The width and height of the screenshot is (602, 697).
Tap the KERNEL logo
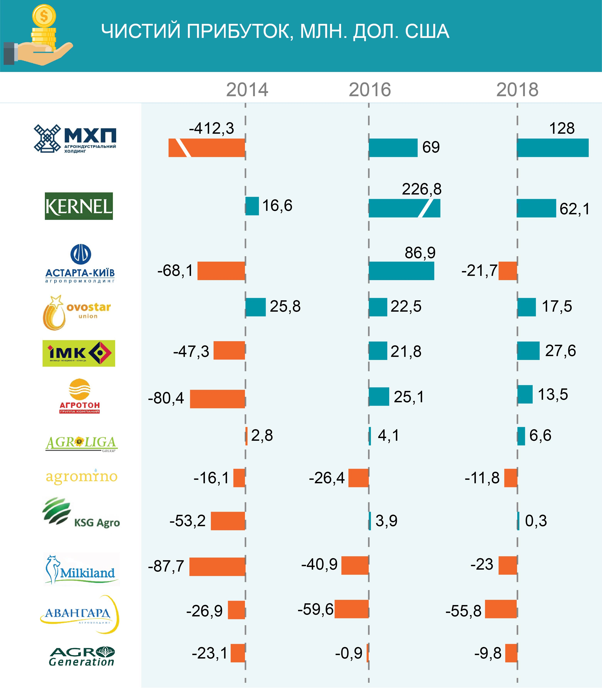pos(79,206)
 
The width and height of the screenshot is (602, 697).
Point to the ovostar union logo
pos(77,312)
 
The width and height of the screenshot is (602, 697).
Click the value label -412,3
pos(211,128)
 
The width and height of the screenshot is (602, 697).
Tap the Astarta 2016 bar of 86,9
pos(401,271)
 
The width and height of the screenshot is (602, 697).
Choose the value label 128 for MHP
pos(562,128)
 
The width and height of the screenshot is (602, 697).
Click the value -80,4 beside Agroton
pos(166,398)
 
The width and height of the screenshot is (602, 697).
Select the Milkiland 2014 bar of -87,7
pos(217,567)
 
